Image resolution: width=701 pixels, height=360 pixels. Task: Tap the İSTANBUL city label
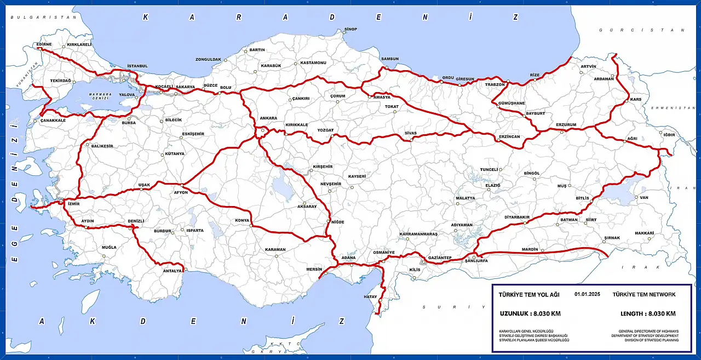pyautogui.click(x=137, y=66)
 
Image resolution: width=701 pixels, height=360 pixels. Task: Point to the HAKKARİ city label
pyautogui.click(x=645, y=233)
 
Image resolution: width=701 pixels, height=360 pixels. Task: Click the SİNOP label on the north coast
pyautogui.click(x=350, y=29)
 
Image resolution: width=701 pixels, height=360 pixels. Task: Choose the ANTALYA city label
pyautogui.click(x=172, y=271)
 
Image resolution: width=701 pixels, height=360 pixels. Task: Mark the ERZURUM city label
pyautogui.click(x=566, y=124)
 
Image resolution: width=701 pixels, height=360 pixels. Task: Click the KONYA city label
pyautogui.click(x=242, y=221)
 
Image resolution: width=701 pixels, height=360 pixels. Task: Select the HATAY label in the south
pyautogui.click(x=371, y=296)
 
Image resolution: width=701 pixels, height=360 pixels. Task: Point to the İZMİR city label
pyautogui.click(x=73, y=203)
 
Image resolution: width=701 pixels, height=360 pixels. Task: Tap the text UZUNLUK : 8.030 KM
pyautogui.click(x=530, y=314)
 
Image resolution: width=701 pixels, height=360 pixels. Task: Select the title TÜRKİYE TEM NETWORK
pyautogui.click(x=645, y=295)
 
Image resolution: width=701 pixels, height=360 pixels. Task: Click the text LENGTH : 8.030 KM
pyautogui.click(x=648, y=314)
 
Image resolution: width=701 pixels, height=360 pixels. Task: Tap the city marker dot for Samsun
pyautogui.click(x=386, y=68)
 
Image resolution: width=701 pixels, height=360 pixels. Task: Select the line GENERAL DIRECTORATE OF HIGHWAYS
pyautogui.click(x=648, y=332)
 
